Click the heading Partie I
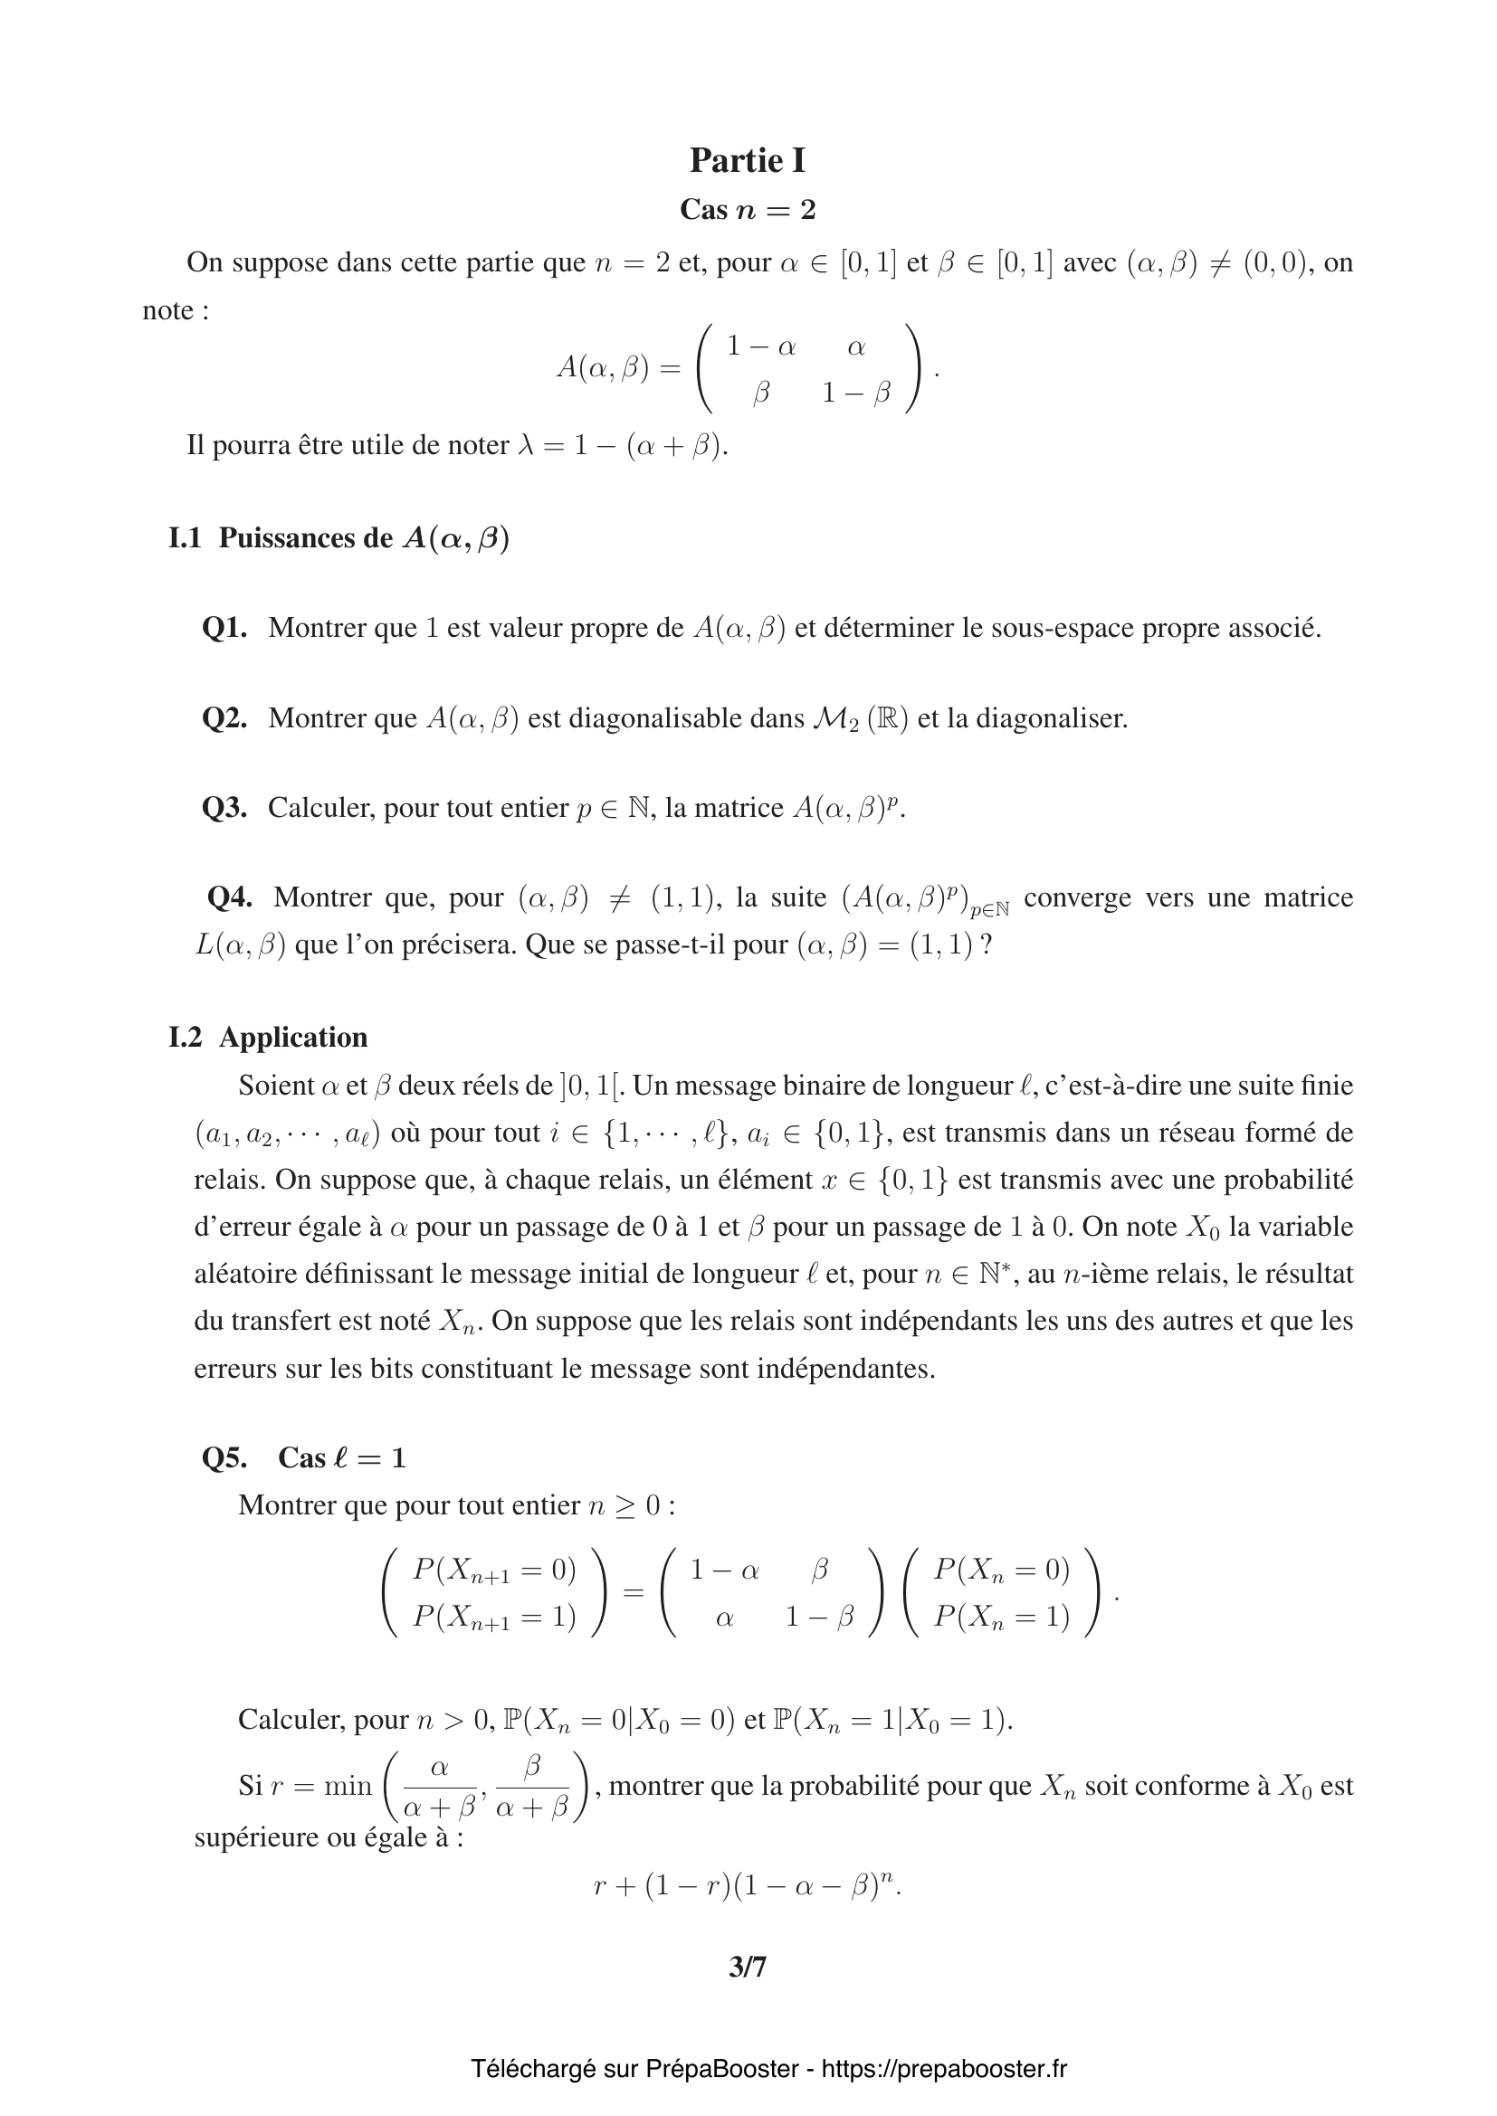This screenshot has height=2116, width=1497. [x=748, y=160]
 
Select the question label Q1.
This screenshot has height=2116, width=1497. [x=224, y=629]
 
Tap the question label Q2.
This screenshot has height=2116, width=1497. [x=224, y=718]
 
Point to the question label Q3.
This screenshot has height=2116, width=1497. [x=224, y=807]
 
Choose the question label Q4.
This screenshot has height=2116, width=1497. [x=230, y=897]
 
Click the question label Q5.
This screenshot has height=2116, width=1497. [x=224, y=1457]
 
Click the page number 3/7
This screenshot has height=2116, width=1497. [x=748, y=1968]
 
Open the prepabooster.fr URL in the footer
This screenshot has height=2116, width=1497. [x=944, y=2069]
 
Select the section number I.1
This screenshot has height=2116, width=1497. [x=185, y=538]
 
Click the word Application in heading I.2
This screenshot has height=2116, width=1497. [x=293, y=1038]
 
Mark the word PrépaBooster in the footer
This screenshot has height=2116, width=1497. [x=721, y=2069]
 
